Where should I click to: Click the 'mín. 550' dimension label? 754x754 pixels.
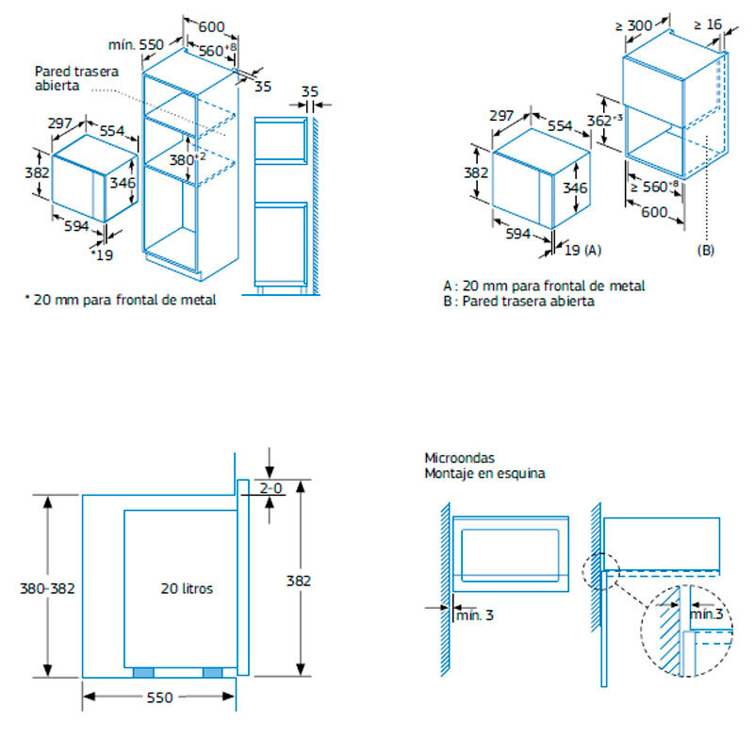[136, 44]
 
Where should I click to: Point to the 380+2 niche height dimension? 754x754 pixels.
[186, 159]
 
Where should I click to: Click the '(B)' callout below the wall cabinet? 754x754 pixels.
[706, 251]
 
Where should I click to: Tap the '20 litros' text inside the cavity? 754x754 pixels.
[187, 588]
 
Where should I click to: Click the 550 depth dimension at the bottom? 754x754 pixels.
[159, 697]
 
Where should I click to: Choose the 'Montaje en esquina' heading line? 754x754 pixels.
[484, 473]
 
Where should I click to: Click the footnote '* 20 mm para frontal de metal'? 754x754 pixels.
[120, 300]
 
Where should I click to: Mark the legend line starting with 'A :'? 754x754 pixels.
[544, 286]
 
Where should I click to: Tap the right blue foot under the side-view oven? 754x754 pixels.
[213, 672]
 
